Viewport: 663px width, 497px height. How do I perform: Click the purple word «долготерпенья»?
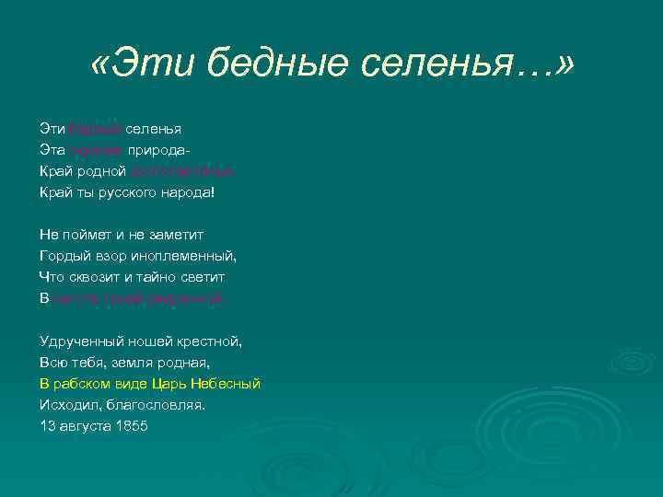190,170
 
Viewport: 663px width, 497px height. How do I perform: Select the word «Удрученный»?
80,341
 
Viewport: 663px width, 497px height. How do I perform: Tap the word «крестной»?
213,341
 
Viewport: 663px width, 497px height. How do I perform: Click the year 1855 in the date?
132,426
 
